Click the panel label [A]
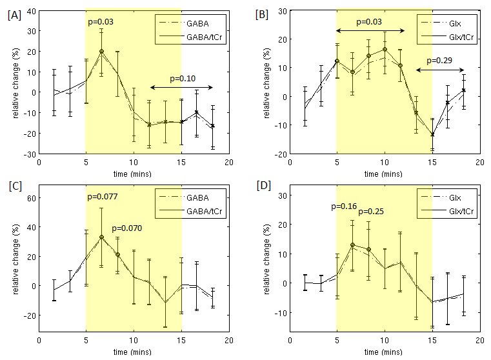click(x=13, y=14)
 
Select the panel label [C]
click(x=13, y=189)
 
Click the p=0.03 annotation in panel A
click(x=100, y=23)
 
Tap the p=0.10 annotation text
click(x=183, y=79)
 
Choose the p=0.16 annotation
click(x=343, y=206)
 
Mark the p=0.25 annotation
click(x=370, y=211)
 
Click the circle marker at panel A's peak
click(x=101, y=52)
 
